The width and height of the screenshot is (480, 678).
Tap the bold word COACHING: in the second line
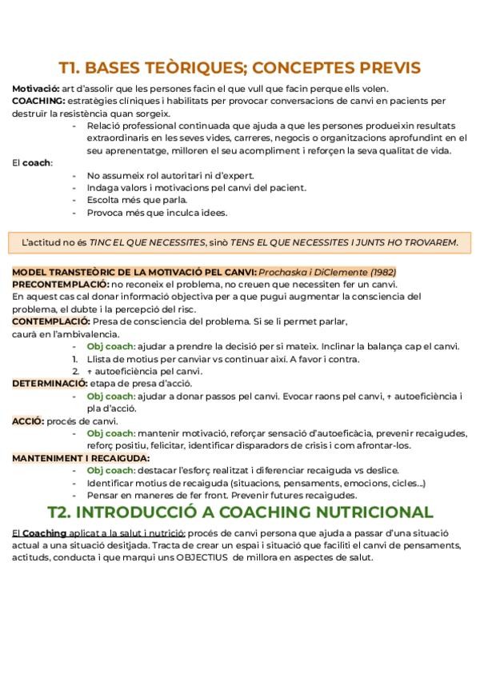pos(38,101)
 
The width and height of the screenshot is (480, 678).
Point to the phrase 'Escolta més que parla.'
pos(138,200)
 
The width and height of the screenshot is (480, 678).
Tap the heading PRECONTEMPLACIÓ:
pos(60,284)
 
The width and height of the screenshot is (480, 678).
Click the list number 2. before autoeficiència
pos(76,371)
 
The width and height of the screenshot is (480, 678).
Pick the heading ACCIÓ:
pos(28,421)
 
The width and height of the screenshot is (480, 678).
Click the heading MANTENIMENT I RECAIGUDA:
pos(81,457)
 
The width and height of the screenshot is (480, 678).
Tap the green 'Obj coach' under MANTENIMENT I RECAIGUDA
pos(110,470)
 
